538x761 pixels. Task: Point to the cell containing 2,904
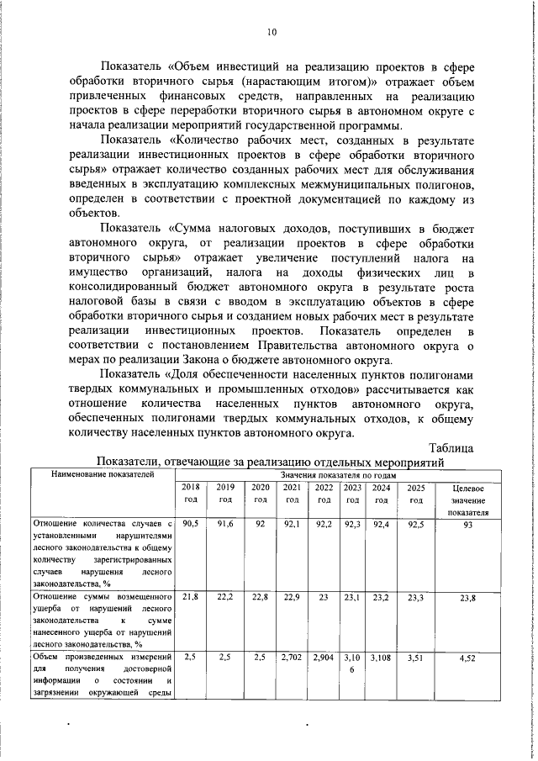[323, 658]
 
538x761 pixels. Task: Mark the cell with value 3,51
[415, 658]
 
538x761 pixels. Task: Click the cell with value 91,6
[224, 523]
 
